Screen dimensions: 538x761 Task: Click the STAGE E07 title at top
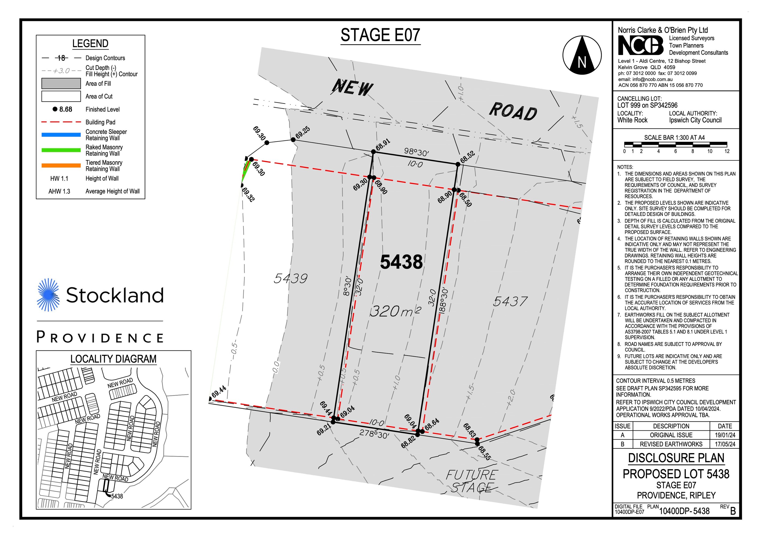(x=380, y=35)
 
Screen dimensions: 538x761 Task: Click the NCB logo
(x=640, y=45)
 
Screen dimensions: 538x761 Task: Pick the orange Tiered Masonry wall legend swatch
(x=61, y=165)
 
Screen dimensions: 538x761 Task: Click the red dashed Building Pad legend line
(x=61, y=122)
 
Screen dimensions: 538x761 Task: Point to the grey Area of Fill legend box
(x=61, y=84)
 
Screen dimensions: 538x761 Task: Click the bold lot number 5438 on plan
(x=401, y=262)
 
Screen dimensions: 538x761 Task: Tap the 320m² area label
(x=395, y=311)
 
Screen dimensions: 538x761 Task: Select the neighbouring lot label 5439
(x=290, y=278)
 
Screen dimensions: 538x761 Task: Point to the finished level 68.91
(x=383, y=144)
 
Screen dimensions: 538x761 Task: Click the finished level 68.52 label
(x=467, y=157)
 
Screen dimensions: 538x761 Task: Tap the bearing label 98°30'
(x=416, y=152)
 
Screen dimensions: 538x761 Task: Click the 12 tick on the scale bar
(x=727, y=151)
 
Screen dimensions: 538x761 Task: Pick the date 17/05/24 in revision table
(x=725, y=444)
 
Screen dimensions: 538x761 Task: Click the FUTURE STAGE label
(x=472, y=481)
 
